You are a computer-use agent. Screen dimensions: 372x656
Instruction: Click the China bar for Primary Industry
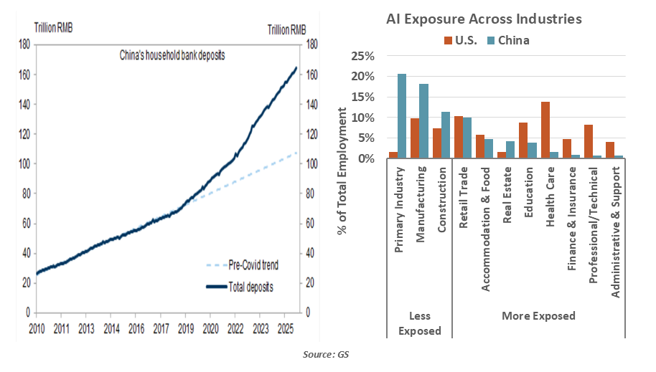click(402, 116)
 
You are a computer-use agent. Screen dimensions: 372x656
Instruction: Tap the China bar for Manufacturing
click(423, 121)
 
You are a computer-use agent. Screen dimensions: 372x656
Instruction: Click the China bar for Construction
click(445, 135)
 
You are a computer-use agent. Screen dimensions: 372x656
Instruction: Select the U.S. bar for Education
click(524, 140)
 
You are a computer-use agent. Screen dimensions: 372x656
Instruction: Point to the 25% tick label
click(362, 56)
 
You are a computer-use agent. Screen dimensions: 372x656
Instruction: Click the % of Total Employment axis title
click(343, 172)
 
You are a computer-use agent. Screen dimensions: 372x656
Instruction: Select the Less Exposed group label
click(420, 323)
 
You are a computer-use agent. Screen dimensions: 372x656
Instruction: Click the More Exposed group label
click(538, 315)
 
